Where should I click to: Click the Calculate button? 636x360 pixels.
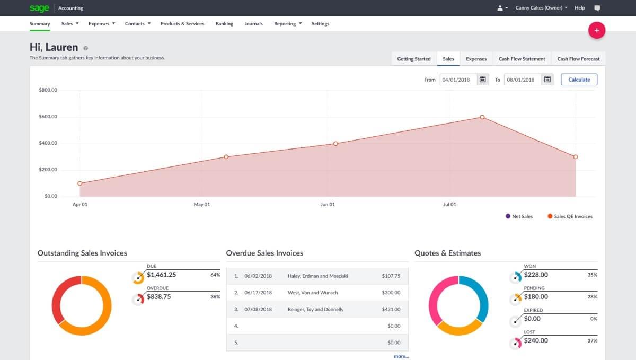pyautogui.click(x=579, y=80)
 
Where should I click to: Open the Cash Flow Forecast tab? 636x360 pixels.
pyautogui.click(x=578, y=59)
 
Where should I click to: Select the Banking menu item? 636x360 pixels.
pyautogui.click(x=224, y=24)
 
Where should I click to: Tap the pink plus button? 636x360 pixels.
pyautogui.click(x=597, y=30)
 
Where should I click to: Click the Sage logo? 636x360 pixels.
pyautogui.click(x=39, y=8)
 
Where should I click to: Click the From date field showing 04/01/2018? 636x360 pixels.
pyautogui.click(x=458, y=80)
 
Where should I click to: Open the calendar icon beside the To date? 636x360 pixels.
pyautogui.click(x=547, y=80)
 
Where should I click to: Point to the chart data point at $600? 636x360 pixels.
pyautogui.click(x=482, y=117)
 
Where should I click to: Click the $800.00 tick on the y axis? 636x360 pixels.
pyautogui.click(x=48, y=90)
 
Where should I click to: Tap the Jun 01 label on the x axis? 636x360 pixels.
pyautogui.click(x=328, y=205)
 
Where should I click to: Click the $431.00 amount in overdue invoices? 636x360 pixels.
pyautogui.click(x=391, y=309)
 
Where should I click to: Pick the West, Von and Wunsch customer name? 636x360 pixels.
pyautogui.click(x=312, y=293)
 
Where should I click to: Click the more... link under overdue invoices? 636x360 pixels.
pyautogui.click(x=401, y=356)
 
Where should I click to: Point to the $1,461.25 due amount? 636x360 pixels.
pyautogui.click(x=162, y=275)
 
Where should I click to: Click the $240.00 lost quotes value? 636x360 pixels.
pyautogui.click(x=536, y=340)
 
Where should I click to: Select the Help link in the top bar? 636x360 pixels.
pyautogui.click(x=579, y=8)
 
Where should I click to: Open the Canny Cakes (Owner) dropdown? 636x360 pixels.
pyautogui.click(x=541, y=8)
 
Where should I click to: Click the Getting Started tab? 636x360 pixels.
pyautogui.click(x=413, y=59)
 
